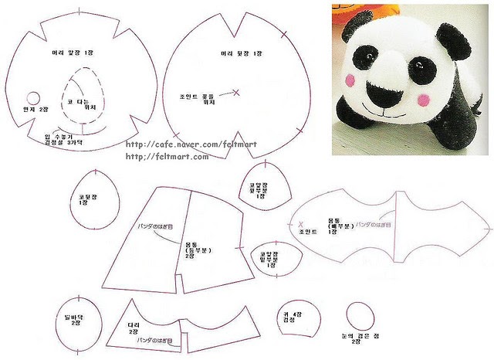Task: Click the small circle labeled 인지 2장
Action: [x=33, y=97]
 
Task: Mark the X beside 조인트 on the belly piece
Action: [x=299, y=226]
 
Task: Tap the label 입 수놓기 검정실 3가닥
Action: [x=63, y=139]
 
